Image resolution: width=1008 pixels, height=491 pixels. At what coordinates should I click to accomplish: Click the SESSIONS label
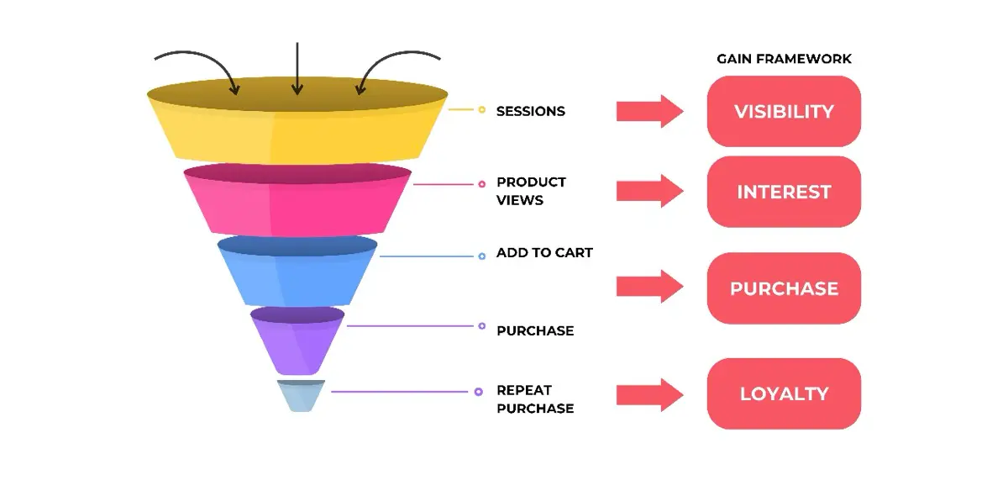click(x=530, y=111)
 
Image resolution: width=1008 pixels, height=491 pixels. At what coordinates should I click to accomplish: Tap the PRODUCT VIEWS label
click(x=531, y=191)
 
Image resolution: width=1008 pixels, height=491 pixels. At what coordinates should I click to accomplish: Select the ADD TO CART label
click(x=544, y=252)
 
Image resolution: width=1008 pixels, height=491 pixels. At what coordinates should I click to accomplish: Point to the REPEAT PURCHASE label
click(x=535, y=399)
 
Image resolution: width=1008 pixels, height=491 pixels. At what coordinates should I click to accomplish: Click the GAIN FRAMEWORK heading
click(x=784, y=59)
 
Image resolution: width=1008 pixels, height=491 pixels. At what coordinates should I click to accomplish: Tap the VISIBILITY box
click(x=784, y=112)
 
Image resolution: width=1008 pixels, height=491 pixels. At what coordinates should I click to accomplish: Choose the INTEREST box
click(x=784, y=192)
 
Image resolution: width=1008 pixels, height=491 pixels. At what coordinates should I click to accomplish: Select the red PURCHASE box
click(x=784, y=288)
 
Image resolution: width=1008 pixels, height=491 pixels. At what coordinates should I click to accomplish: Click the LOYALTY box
click(x=784, y=393)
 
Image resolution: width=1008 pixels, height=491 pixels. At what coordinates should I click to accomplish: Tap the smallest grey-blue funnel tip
click(x=300, y=396)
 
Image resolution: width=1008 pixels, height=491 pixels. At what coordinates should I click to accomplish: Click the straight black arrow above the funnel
click(x=297, y=67)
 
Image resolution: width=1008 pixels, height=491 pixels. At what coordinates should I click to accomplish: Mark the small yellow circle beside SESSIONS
click(x=481, y=110)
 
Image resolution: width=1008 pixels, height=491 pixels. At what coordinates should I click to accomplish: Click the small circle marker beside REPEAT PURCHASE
click(x=478, y=391)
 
